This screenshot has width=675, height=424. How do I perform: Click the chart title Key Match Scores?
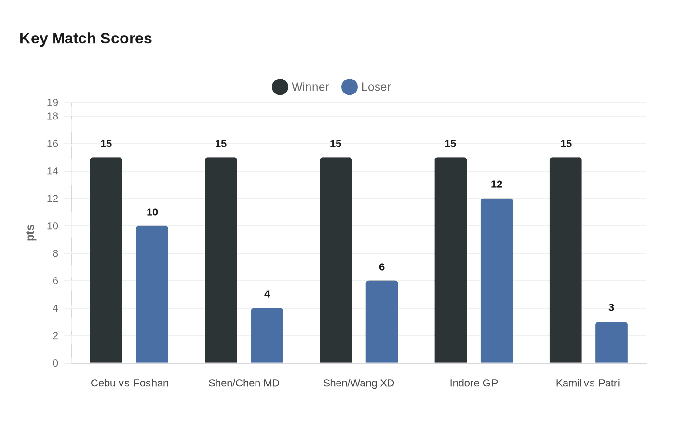[x=85, y=39]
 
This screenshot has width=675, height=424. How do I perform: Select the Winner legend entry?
[x=301, y=87]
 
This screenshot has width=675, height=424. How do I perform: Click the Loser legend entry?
[x=366, y=87]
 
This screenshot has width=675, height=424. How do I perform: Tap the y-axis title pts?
[x=30, y=233]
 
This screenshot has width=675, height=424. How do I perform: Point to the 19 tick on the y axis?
[x=53, y=102]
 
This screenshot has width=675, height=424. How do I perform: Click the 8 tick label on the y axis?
[x=55, y=253]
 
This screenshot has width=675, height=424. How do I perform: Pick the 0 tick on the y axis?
[x=55, y=363]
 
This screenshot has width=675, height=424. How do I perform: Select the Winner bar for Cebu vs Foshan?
[x=106, y=260]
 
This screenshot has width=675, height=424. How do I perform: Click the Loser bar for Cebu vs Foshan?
[x=152, y=294]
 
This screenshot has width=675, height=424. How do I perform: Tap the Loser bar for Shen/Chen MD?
[x=267, y=335]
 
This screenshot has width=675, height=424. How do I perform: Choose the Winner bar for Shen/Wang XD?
[x=336, y=260]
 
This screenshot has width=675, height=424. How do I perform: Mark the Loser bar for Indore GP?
[x=497, y=280]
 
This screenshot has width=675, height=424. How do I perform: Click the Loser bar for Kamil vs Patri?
[x=611, y=342]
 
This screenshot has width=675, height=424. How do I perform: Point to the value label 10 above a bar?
[x=152, y=212]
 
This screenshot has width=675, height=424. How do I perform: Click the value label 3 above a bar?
[x=611, y=307]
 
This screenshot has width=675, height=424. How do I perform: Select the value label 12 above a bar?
[x=497, y=184]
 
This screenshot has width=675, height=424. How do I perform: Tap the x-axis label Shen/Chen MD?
[x=244, y=383]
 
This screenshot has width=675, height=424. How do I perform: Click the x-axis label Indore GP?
[x=473, y=383]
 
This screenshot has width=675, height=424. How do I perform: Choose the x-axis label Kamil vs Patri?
[x=589, y=383]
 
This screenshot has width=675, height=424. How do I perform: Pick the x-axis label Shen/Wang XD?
[x=359, y=383]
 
